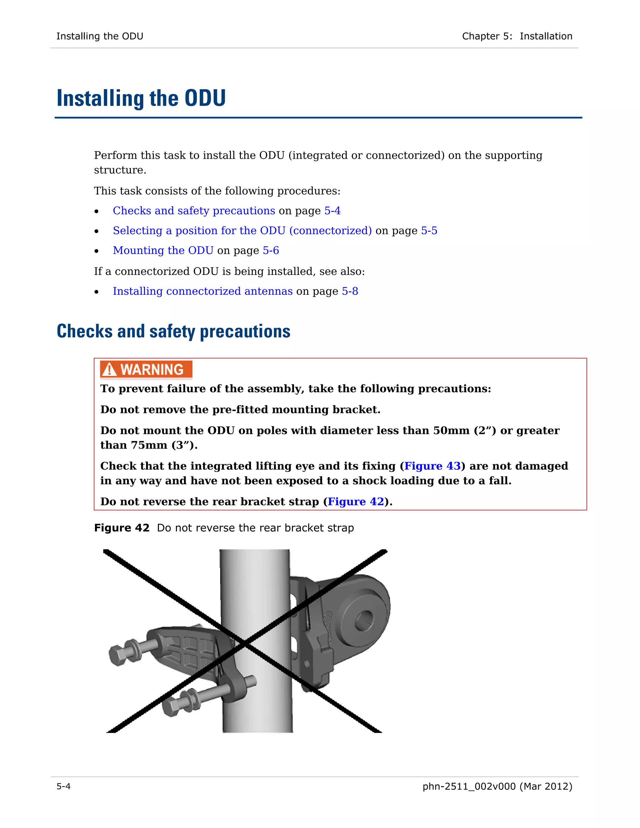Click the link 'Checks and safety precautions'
(x=194, y=211)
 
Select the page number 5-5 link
(x=429, y=231)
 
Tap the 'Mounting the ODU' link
(x=163, y=251)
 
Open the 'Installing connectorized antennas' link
(x=202, y=291)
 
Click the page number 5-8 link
(x=350, y=291)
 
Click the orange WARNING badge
(x=146, y=369)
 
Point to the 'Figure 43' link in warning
(x=432, y=466)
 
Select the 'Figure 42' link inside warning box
(x=356, y=501)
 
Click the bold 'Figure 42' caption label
(x=122, y=528)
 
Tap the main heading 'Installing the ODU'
(x=141, y=98)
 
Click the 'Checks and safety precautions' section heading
(x=173, y=331)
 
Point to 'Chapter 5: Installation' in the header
(x=517, y=36)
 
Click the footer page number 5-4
(x=63, y=786)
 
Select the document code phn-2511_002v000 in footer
(x=469, y=786)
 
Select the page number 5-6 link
(x=271, y=251)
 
